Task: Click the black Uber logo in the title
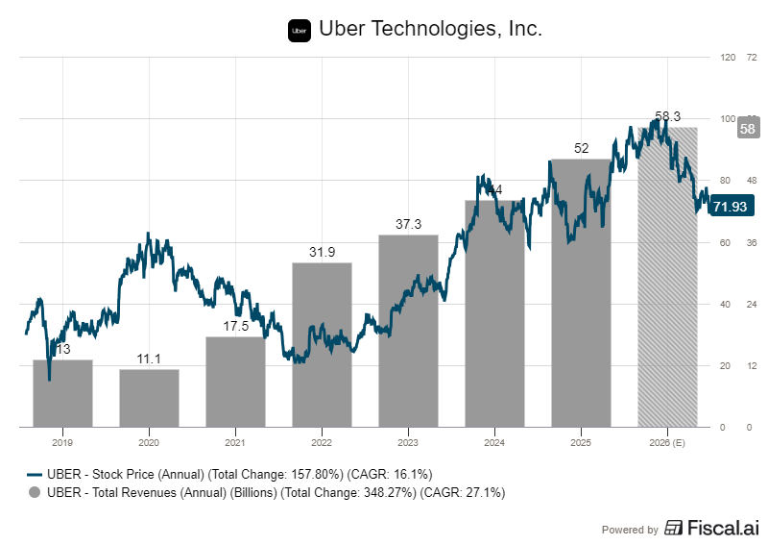click(x=300, y=31)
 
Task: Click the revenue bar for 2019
click(x=62, y=393)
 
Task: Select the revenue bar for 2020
click(x=149, y=398)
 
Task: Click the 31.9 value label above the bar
click(x=322, y=253)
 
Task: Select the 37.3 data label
click(x=408, y=224)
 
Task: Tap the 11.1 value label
click(x=149, y=359)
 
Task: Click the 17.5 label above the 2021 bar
click(x=235, y=326)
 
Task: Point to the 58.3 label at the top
click(x=667, y=116)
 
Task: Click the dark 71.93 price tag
click(x=730, y=206)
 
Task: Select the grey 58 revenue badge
click(x=748, y=128)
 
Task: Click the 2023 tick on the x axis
click(x=408, y=442)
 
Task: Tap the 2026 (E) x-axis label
click(x=667, y=442)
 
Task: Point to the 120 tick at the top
click(x=727, y=57)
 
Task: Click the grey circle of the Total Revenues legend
click(x=35, y=492)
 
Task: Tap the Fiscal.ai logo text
click(x=713, y=528)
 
